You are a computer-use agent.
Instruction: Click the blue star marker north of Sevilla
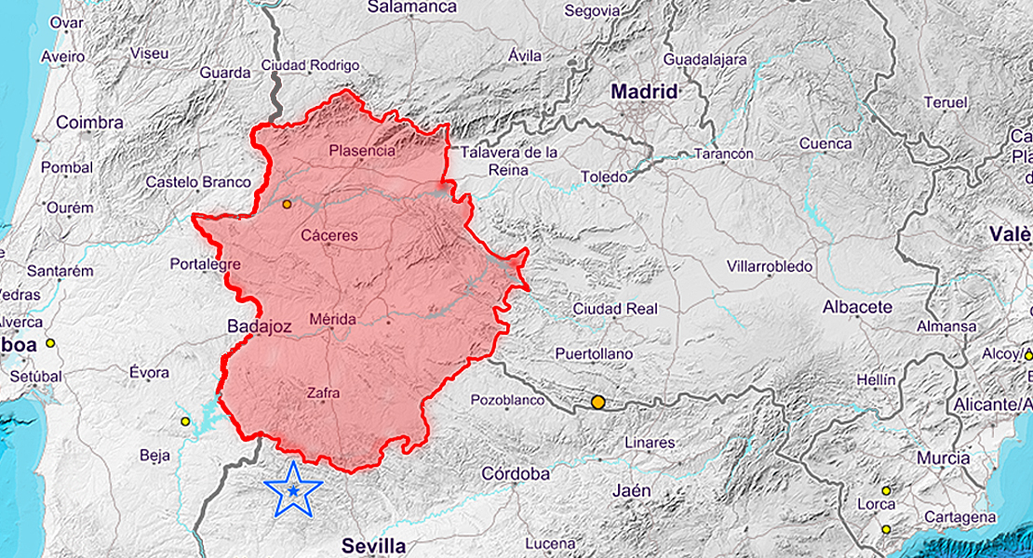coord(293,489)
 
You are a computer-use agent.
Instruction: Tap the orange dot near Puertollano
coord(597,403)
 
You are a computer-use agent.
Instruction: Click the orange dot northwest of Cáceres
coord(287,204)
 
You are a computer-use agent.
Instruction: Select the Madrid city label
coord(644,92)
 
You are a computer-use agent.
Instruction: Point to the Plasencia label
coord(362,150)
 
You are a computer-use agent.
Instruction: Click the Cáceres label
coord(329,235)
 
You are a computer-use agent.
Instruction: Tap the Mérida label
coord(332,319)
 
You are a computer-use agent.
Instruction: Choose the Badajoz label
coord(261,326)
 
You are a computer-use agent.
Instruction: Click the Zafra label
coord(323,393)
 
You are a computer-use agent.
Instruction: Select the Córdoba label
coord(516,473)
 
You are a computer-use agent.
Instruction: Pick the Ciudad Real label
coord(615,309)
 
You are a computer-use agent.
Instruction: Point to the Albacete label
coord(857,307)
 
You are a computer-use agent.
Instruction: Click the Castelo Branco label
coord(198,182)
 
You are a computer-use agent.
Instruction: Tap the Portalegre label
coord(205,264)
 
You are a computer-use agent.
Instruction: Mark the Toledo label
coord(604,177)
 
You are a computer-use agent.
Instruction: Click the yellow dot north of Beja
coord(185,421)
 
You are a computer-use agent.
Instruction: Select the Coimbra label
coord(89,123)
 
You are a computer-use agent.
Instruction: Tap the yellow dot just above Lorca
coord(886,490)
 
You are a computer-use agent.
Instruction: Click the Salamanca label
coord(412,7)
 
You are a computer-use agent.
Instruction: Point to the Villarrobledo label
coord(770,267)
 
